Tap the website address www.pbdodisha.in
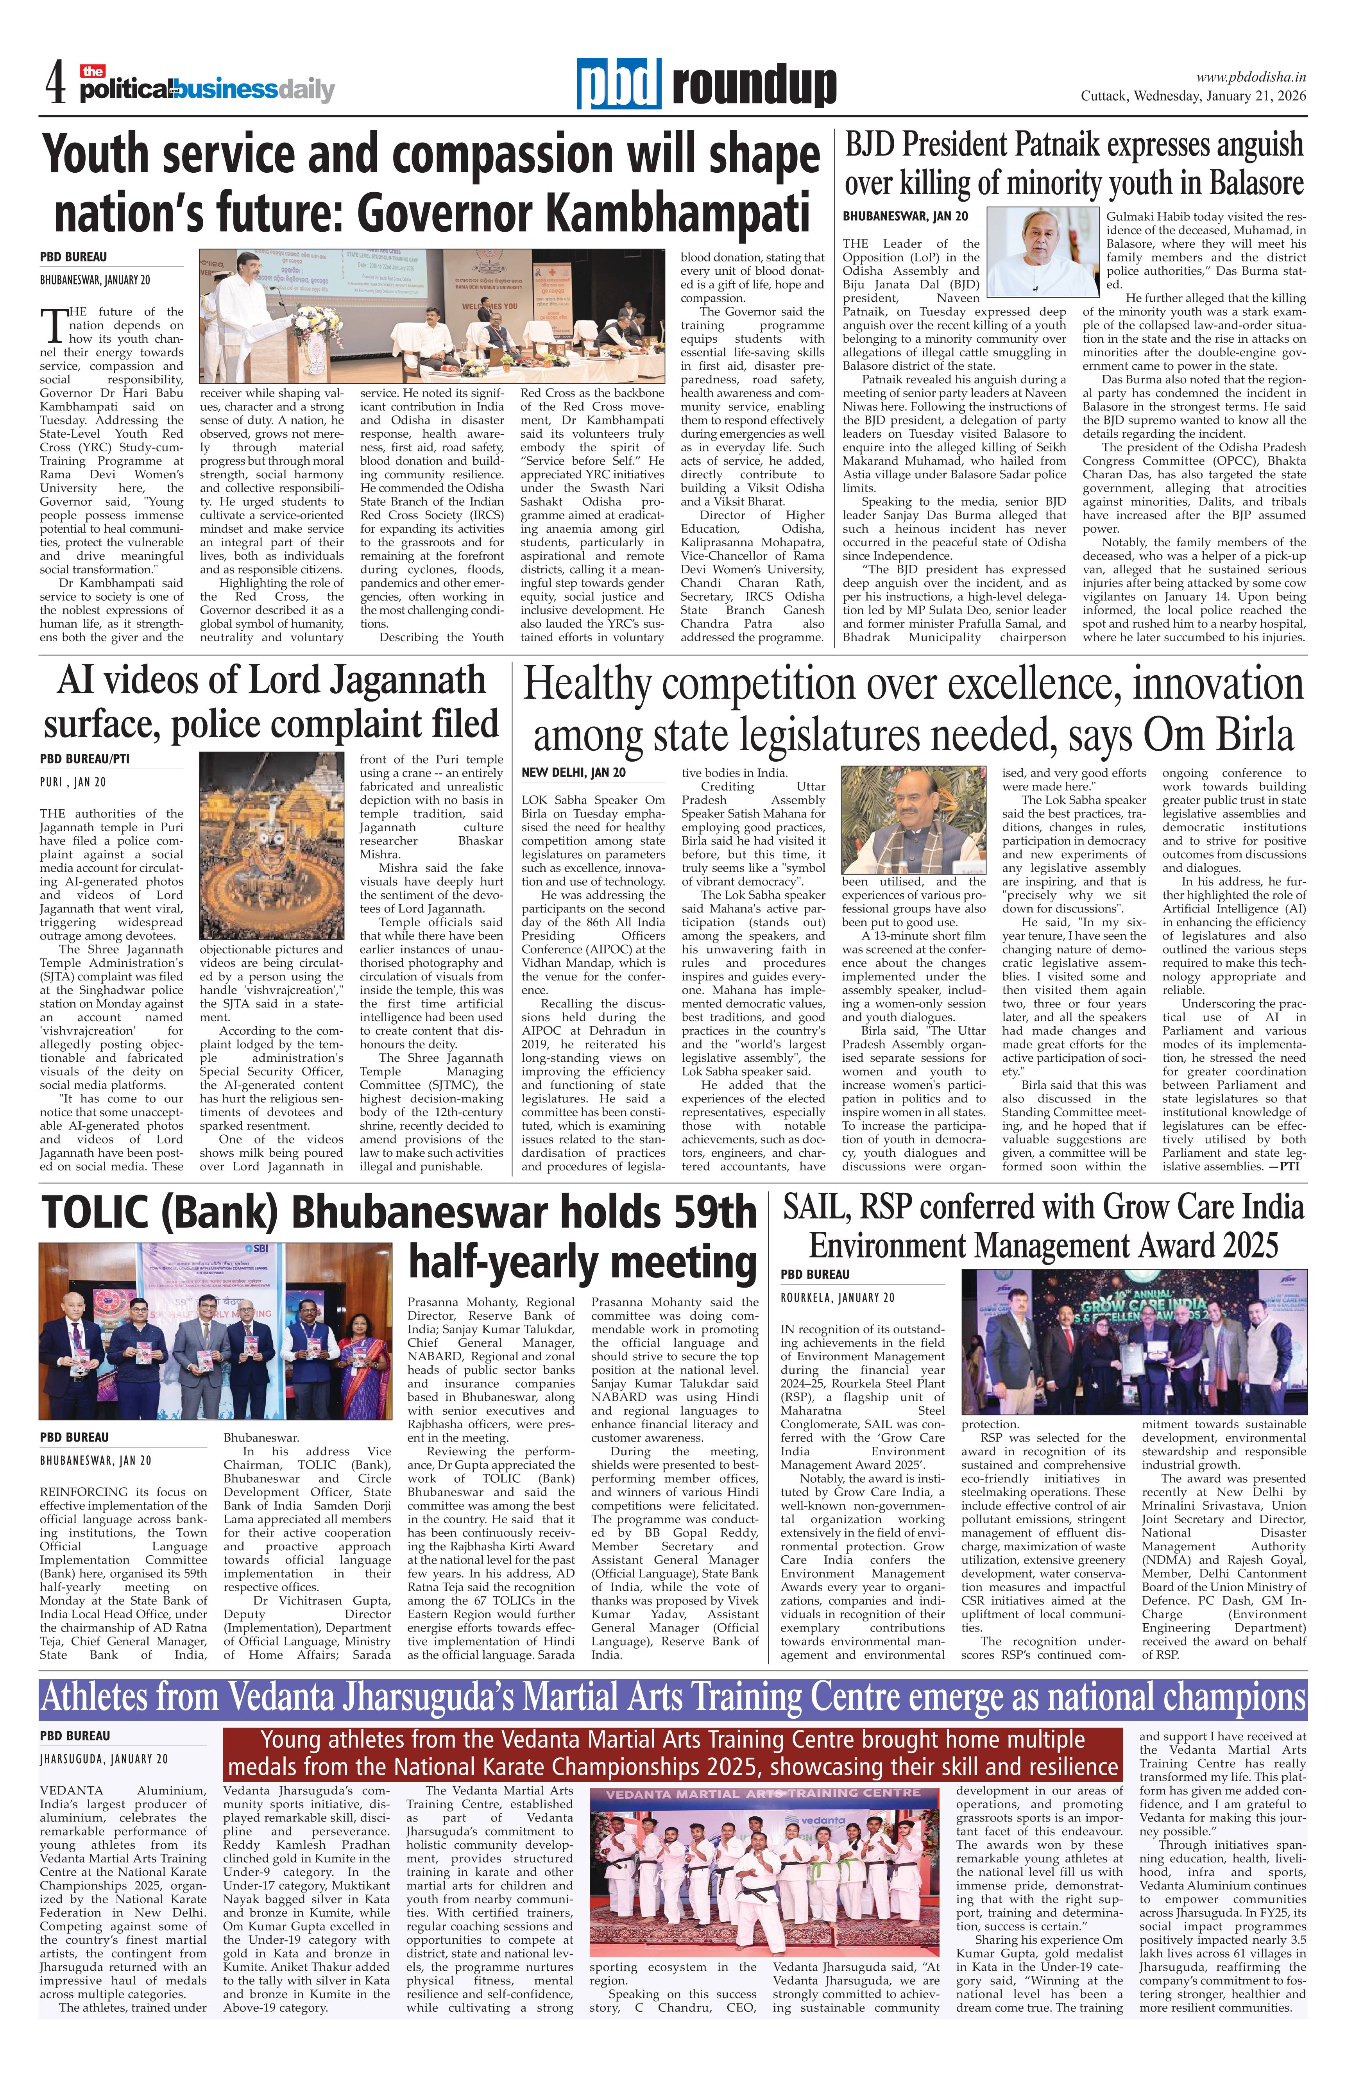(x=1250, y=78)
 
